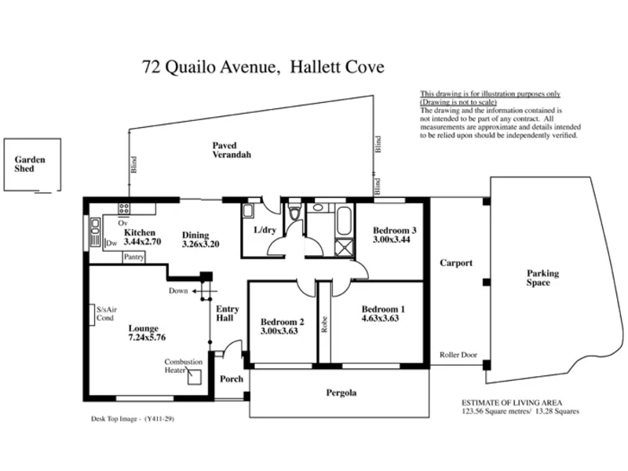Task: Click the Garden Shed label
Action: point(30,164)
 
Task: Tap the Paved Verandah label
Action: point(232,150)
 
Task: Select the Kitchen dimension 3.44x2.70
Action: point(142,242)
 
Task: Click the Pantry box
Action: point(133,257)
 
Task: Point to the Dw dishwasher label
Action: point(111,243)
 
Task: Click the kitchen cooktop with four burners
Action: point(123,208)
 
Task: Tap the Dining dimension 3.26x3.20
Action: point(200,244)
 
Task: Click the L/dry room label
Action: point(265,230)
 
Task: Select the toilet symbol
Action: point(295,210)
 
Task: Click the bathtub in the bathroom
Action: point(344,221)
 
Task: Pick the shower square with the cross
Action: point(344,247)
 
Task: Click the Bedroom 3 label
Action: point(395,230)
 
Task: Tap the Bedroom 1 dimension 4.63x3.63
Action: point(380,319)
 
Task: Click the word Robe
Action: point(324,324)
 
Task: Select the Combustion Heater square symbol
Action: point(195,377)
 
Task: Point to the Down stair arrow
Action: point(205,291)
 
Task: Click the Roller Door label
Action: point(458,355)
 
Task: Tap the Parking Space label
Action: point(542,278)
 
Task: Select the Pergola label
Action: point(341,393)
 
